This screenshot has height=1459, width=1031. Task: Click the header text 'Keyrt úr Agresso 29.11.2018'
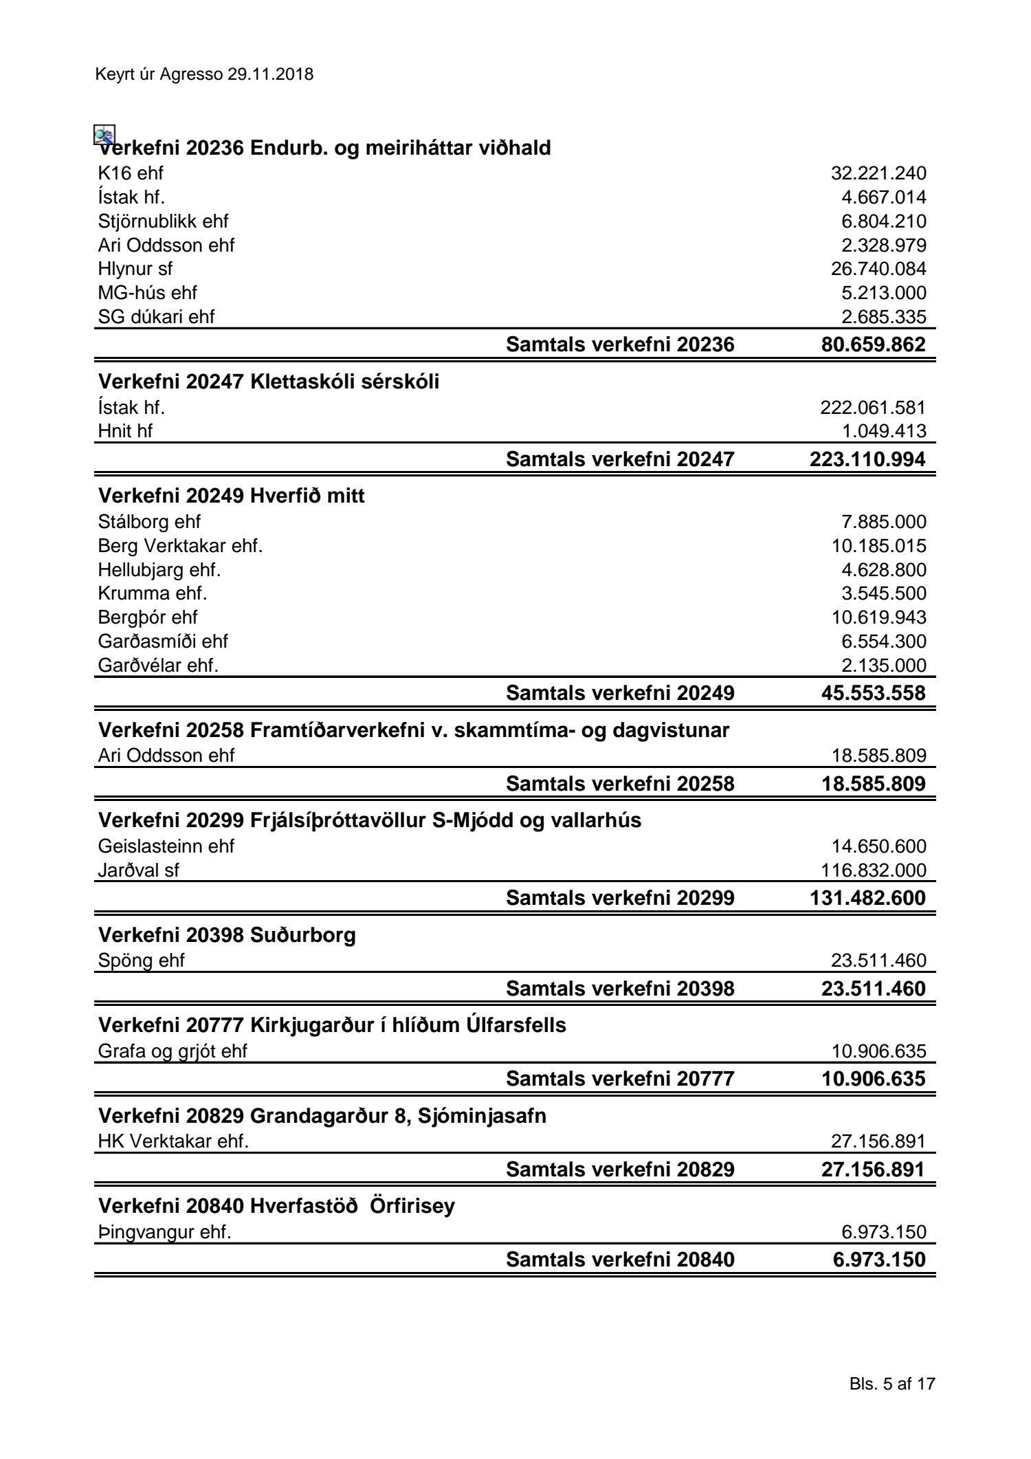[x=205, y=75]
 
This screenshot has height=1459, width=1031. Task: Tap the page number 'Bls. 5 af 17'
[x=892, y=1383]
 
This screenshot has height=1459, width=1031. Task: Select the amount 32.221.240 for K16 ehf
[x=878, y=173]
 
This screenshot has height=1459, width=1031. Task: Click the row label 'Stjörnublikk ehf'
[x=163, y=221]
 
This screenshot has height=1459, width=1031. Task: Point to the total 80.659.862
[x=873, y=344]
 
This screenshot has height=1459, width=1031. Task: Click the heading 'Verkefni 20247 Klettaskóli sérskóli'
[x=269, y=382]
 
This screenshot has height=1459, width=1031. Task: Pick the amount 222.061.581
[x=872, y=408]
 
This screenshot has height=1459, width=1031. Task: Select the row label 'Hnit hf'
[x=125, y=431]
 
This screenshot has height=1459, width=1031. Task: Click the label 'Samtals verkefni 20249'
[x=620, y=693]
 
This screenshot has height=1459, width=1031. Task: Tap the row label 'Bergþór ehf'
[x=148, y=617]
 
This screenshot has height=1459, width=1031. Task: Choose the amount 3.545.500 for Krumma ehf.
[x=883, y=593]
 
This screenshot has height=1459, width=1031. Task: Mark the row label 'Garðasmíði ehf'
[x=163, y=641]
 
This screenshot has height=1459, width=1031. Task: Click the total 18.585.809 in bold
[x=873, y=784]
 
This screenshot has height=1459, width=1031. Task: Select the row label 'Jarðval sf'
[x=138, y=870]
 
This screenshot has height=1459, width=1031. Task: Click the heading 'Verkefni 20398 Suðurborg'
[x=227, y=935]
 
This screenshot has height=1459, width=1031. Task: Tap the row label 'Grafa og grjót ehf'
[x=173, y=1051]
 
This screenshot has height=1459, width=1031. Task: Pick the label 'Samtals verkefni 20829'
[x=620, y=1170]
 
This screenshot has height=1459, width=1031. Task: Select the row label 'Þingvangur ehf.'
[x=164, y=1232]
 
